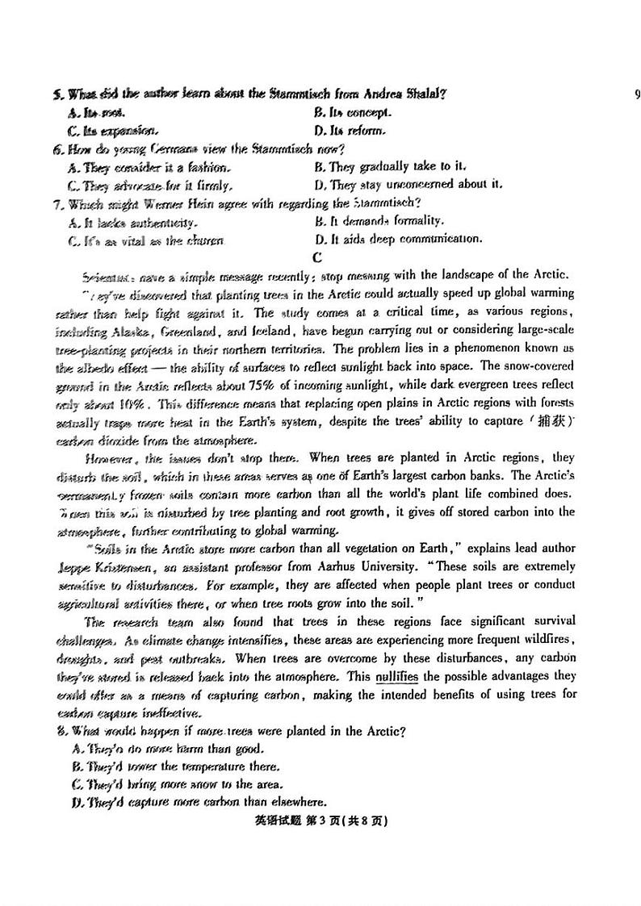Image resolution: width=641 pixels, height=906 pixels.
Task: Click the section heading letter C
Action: click(317, 257)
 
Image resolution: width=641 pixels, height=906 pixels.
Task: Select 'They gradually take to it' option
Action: click(391, 167)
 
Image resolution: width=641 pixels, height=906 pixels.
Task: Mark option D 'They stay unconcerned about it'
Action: click(408, 185)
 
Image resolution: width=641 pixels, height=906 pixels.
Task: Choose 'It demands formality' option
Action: click(379, 221)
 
